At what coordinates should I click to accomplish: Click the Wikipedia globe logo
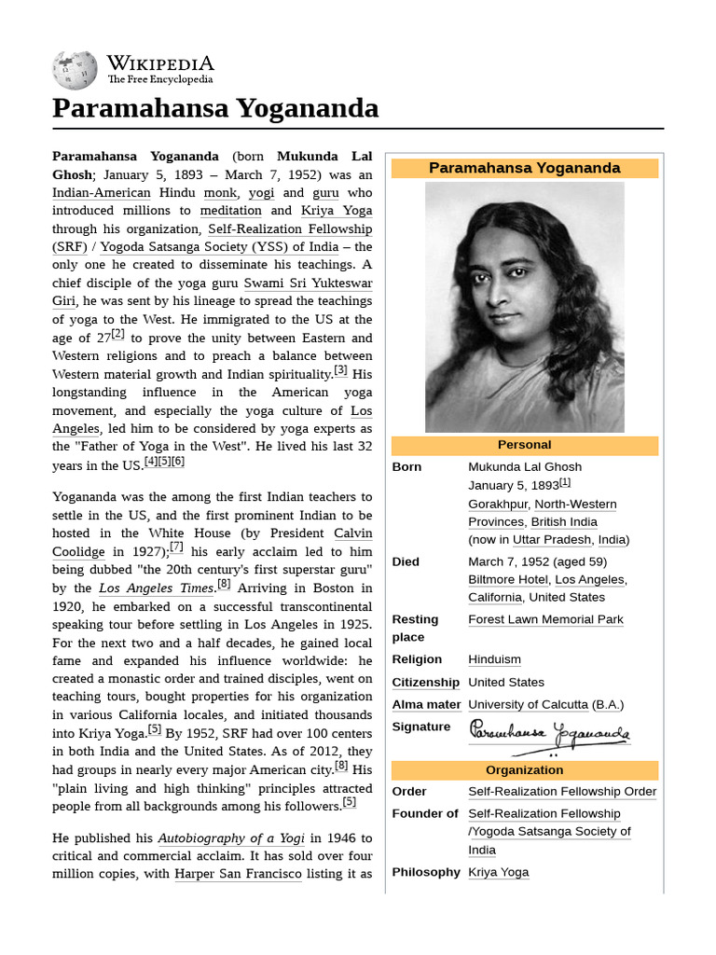(75, 69)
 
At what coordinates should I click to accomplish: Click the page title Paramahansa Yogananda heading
(215, 108)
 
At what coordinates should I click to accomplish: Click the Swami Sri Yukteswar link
(308, 284)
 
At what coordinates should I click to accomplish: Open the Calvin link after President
(352, 533)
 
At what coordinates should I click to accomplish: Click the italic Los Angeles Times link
(156, 588)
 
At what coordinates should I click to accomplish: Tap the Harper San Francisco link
(238, 875)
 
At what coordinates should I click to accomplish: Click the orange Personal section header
(524, 445)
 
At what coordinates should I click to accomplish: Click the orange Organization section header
(524, 770)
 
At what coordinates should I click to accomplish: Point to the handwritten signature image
(548, 736)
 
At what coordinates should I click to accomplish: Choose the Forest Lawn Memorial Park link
(545, 619)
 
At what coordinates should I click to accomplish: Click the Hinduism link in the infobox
(495, 659)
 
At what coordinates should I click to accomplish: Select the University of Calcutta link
(528, 705)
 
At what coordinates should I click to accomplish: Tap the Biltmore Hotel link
(508, 580)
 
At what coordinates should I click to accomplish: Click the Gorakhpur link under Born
(496, 505)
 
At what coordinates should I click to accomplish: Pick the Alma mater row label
(426, 705)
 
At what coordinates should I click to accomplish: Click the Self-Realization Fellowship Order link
(561, 792)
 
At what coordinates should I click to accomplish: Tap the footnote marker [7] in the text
(176, 547)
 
